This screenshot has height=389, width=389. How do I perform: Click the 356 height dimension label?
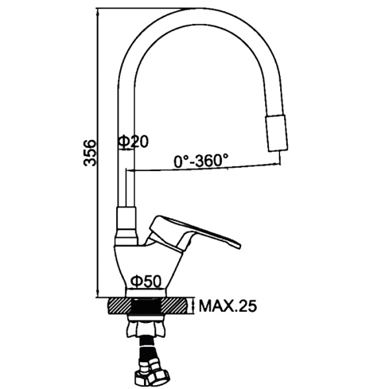(90, 153)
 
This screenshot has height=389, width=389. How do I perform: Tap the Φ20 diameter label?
(133, 141)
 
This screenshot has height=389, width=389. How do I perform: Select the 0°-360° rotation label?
(201, 161)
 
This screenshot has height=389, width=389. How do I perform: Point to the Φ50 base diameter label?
(146, 281)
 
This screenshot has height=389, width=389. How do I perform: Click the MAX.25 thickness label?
(228, 306)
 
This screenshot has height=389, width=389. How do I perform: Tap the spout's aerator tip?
(277, 133)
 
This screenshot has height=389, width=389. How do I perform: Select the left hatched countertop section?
(119, 306)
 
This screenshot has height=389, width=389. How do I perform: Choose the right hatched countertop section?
(175, 306)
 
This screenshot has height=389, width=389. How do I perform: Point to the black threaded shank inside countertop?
(147, 307)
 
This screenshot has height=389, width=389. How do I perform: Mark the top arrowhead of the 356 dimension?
(98, 12)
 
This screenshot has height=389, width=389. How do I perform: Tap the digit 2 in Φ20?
(136, 141)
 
